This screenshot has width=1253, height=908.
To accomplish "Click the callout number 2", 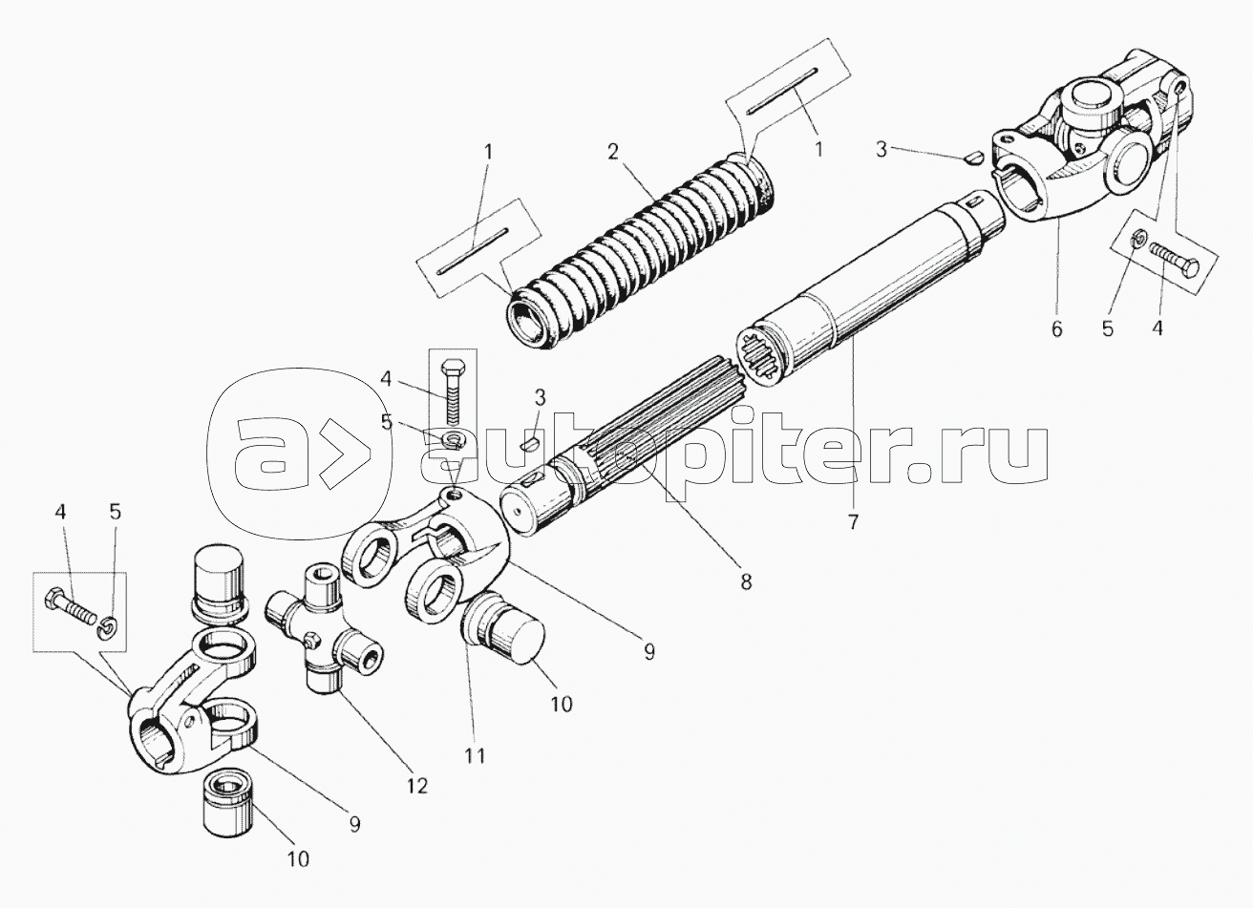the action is pyautogui.click(x=613, y=152).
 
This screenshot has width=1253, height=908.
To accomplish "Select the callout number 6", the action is pyautogui.click(x=1056, y=329).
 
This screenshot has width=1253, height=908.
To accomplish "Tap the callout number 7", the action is pyautogui.click(x=853, y=522).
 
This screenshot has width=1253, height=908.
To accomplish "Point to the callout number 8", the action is pyautogui.click(x=746, y=582).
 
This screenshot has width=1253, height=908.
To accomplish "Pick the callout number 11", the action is pyautogui.click(x=475, y=756).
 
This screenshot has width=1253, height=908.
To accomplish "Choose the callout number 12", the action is pyautogui.click(x=417, y=786).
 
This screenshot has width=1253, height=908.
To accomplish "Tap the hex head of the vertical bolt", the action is pyautogui.click(x=452, y=369).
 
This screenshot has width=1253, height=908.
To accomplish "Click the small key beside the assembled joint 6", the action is pyautogui.click(x=974, y=158).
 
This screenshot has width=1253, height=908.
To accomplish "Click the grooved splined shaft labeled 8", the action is pyautogui.click(x=626, y=447).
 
